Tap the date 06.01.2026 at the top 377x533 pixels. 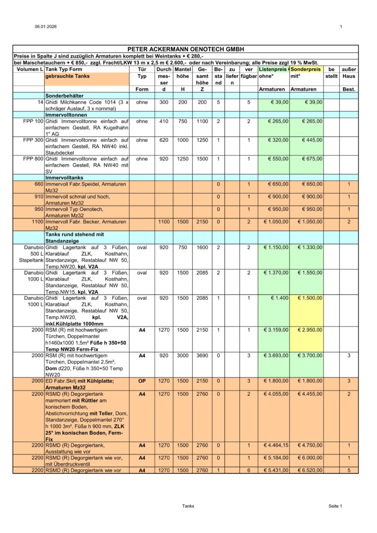pyautogui.click(x=43, y=26)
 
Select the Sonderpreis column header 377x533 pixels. pyautogui.click(x=305, y=70)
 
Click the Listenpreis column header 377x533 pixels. pyautogui.click(x=274, y=70)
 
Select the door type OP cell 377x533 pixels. pyautogui.click(x=142, y=381)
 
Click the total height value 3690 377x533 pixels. pyautogui.click(x=202, y=356)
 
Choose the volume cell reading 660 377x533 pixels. pyautogui.click(x=39, y=184)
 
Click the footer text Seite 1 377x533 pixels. pyautogui.click(x=335, y=506)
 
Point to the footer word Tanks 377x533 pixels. pyautogui.click(x=188, y=506)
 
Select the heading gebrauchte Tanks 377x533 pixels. pyautogui.click(x=67, y=77)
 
